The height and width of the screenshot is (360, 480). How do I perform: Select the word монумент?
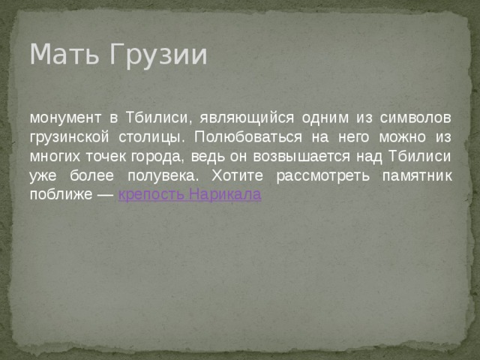63,118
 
